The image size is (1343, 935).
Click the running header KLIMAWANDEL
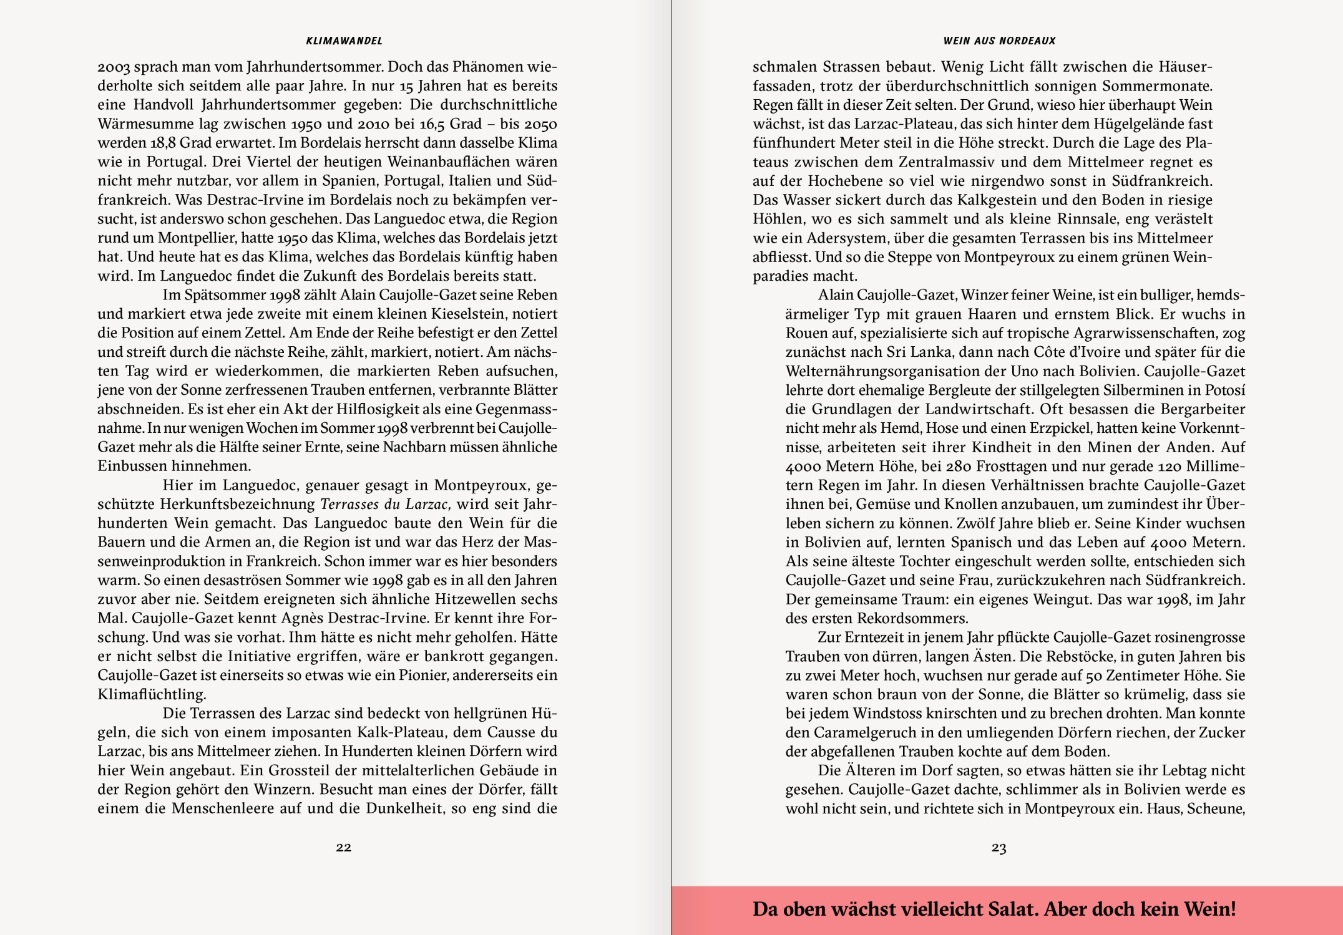point(344,41)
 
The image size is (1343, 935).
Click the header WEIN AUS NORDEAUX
point(999,41)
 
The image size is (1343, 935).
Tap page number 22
point(343,847)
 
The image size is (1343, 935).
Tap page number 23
point(999,848)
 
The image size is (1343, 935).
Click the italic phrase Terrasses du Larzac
point(385,504)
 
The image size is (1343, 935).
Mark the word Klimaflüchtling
point(152,694)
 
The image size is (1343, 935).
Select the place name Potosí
point(1223,390)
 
